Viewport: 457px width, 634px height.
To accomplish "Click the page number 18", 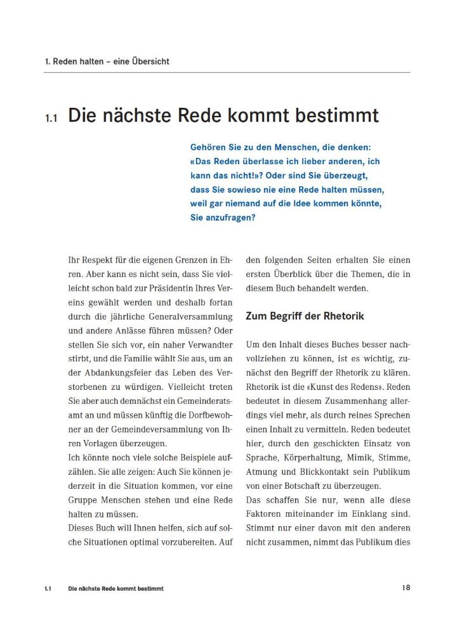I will [x=406, y=587].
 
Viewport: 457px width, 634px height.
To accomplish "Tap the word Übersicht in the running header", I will [x=151, y=61].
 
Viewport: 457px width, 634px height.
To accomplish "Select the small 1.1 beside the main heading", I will [x=51, y=118].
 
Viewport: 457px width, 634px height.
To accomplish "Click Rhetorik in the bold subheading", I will [x=342, y=316].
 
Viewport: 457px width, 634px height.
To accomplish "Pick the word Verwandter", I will [x=204, y=344].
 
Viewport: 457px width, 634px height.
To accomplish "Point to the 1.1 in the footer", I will [x=48, y=588].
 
